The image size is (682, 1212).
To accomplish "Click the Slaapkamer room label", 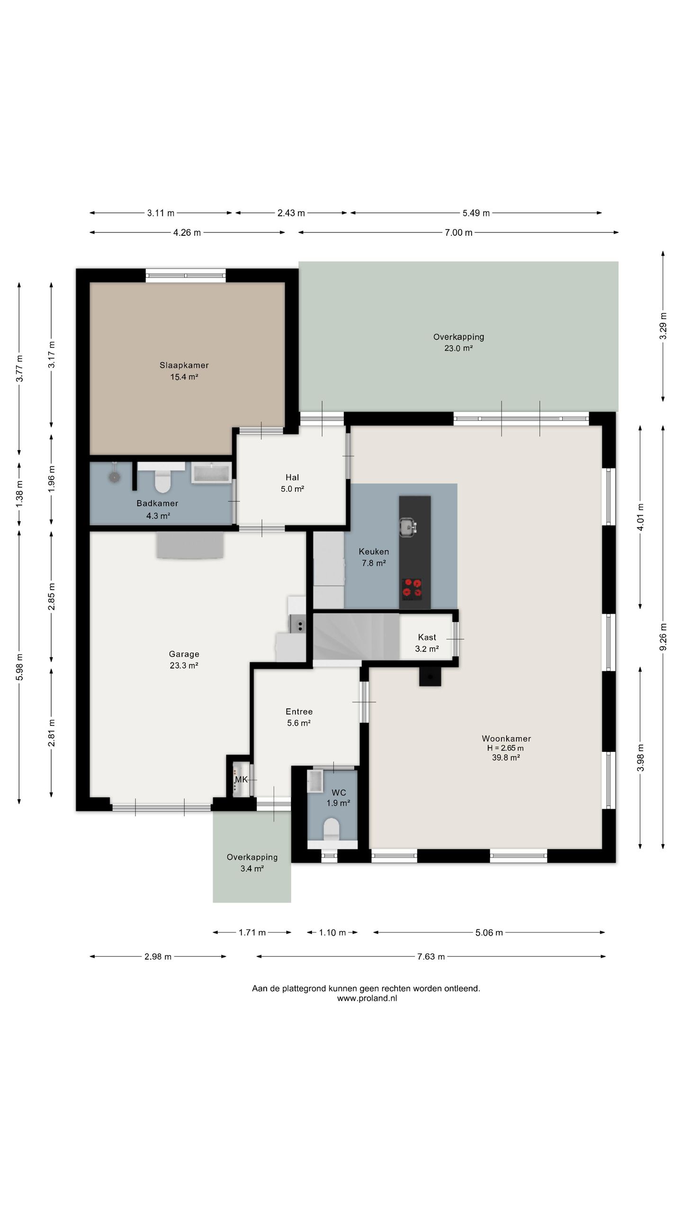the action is click(x=184, y=365).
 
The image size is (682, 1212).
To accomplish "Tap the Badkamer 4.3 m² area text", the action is click(x=158, y=516).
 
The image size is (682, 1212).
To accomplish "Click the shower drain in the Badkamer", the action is click(x=114, y=477).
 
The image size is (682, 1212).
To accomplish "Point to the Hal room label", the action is click(x=292, y=477).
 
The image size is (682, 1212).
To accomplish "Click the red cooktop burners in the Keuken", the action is click(x=412, y=588).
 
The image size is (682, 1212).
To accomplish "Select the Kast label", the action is click(x=427, y=637).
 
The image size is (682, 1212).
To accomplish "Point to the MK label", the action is click(x=241, y=779).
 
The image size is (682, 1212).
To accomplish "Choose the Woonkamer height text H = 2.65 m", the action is click(x=505, y=748).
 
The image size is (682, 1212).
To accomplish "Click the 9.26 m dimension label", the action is click(x=663, y=637).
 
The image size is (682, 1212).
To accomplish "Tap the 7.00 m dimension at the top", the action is click(x=458, y=232).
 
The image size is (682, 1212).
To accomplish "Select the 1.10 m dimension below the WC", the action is click(x=332, y=933).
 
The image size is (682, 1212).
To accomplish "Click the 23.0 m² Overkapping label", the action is click(x=458, y=348).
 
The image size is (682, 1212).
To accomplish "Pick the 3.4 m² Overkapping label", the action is click(x=252, y=869).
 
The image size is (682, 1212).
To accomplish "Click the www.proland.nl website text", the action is click(x=367, y=998).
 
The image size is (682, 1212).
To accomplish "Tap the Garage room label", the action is click(x=184, y=654).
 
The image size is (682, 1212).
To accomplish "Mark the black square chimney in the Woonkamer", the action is click(x=430, y=677).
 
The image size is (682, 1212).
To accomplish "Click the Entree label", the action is click(x=299, y=712).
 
